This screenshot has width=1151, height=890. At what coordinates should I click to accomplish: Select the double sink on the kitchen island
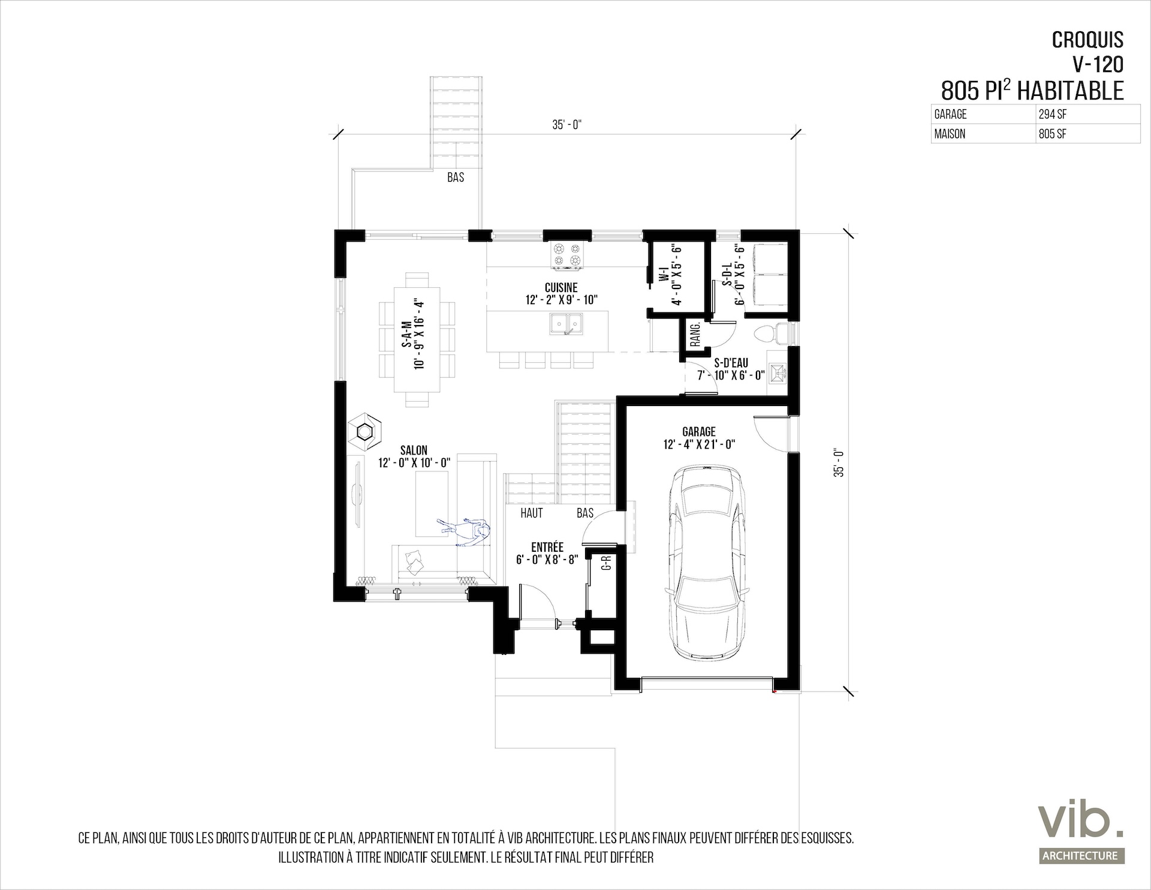tap(565, 323)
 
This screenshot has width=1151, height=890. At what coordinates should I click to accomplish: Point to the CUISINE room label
tap(562, 288)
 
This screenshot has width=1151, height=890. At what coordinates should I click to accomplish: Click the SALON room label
tap(414, 450)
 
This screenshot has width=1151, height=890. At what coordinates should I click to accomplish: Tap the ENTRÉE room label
tap(547, 547)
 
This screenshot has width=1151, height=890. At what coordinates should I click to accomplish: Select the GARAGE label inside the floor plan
tap(699, 431)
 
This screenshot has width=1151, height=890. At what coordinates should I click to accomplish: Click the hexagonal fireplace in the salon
tap(364, 430)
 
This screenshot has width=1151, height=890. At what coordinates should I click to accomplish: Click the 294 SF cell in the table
tap(1052, 114)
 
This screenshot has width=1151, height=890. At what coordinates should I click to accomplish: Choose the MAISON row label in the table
tap(950, 134)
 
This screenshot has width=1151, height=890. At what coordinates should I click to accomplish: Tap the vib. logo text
tap(1081, 820)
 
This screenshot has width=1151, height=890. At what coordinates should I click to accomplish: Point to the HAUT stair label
tap(532, 513)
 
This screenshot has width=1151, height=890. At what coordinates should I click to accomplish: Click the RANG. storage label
tap(695, 335)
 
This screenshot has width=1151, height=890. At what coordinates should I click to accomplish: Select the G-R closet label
tap(607, 564)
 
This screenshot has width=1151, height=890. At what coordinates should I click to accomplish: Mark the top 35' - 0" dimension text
tap(567, 125)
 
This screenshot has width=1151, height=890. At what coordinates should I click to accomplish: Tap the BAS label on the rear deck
tap(456, 178)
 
